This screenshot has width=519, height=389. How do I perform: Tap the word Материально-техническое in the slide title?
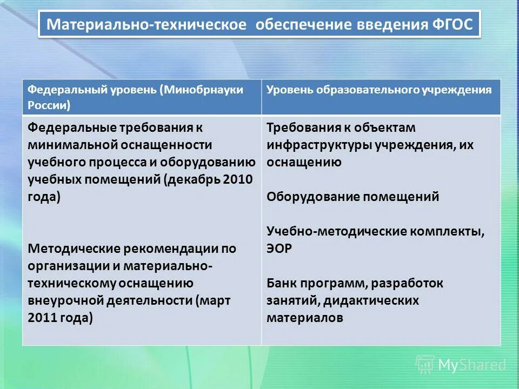147,25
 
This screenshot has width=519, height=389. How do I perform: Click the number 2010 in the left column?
238,179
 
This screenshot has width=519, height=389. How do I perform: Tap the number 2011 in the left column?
43,318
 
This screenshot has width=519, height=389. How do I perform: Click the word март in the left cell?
216,300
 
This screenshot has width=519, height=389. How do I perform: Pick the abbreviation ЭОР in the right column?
279,249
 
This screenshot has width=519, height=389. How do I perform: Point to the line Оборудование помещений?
352,197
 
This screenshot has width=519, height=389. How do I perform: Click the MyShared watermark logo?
461,365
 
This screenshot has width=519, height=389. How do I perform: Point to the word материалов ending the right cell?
304,318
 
